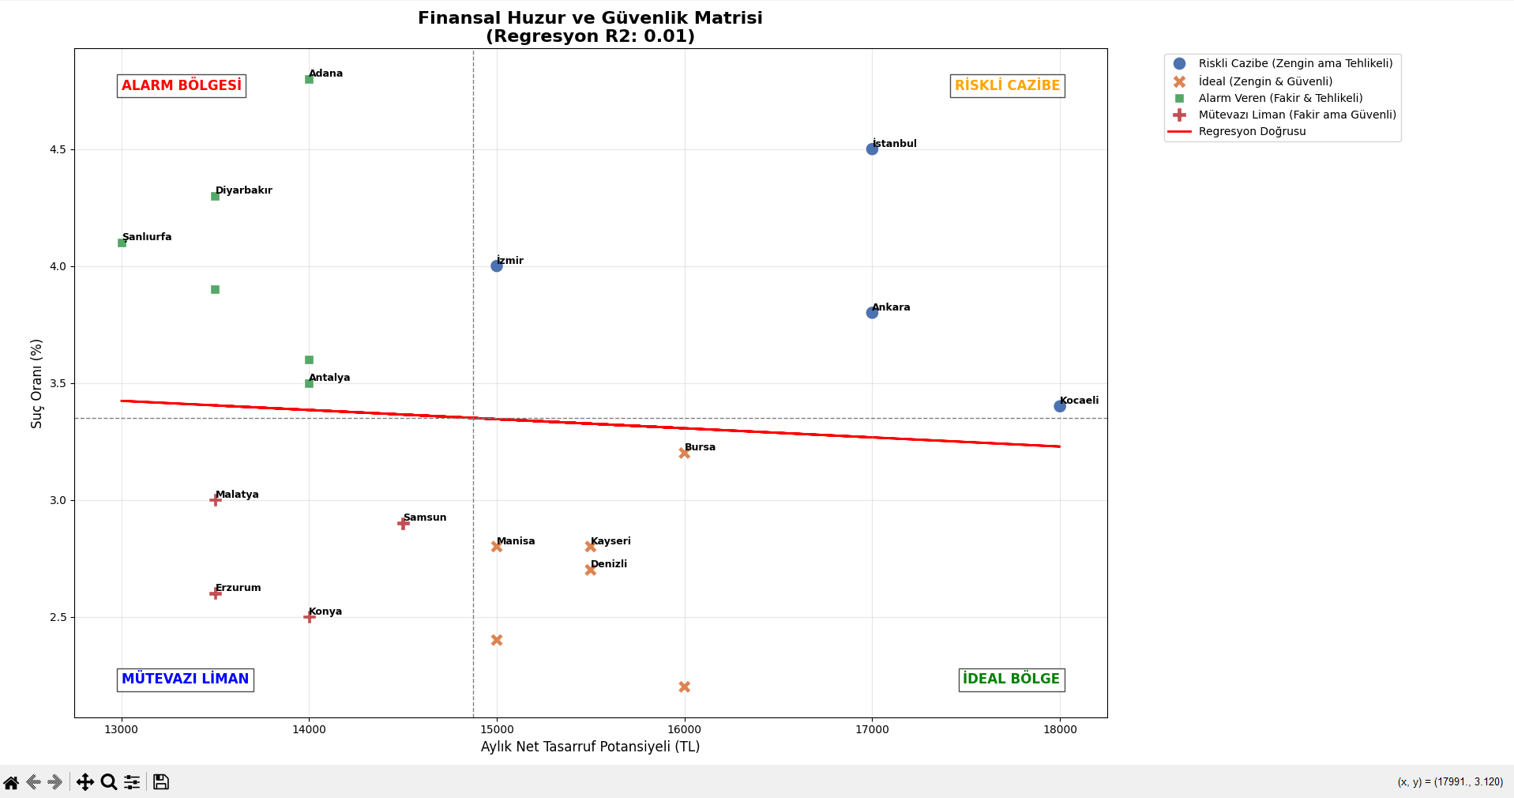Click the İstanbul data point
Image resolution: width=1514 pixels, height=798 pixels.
coord(872,149)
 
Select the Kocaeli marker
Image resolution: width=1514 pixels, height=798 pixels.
coord(1059,406)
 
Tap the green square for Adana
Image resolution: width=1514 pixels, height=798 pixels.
coord(309,79)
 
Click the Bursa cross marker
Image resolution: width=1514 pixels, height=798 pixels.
coord(684,453)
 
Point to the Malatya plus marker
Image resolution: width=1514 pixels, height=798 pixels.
coord(216,500)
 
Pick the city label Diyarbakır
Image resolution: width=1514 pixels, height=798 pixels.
coord(243,190)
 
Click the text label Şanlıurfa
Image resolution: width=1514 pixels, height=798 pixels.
coord(147,237)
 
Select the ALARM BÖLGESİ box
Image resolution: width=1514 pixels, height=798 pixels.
coord(182,85)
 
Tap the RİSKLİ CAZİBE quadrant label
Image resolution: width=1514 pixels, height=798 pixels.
coord(1007,85)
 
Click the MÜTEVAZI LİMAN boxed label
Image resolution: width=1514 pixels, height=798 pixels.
coord(186,679)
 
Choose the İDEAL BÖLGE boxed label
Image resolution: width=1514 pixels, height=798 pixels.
coord(1011,679)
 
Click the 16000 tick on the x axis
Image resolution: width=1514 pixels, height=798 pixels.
coord(684,729)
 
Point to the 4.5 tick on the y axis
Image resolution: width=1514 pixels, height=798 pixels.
coord(57,149)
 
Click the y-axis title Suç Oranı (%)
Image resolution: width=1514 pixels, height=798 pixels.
coord(36,383)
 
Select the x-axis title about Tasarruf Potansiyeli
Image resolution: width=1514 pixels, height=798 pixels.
coord(590,747)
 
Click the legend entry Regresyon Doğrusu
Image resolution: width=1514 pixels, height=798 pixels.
coord(1252,131)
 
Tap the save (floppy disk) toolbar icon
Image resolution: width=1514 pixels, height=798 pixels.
coord(161,782)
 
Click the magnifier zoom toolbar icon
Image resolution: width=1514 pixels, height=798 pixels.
coord(109,782)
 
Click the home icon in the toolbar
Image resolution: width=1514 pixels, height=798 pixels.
coord(11,782)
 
